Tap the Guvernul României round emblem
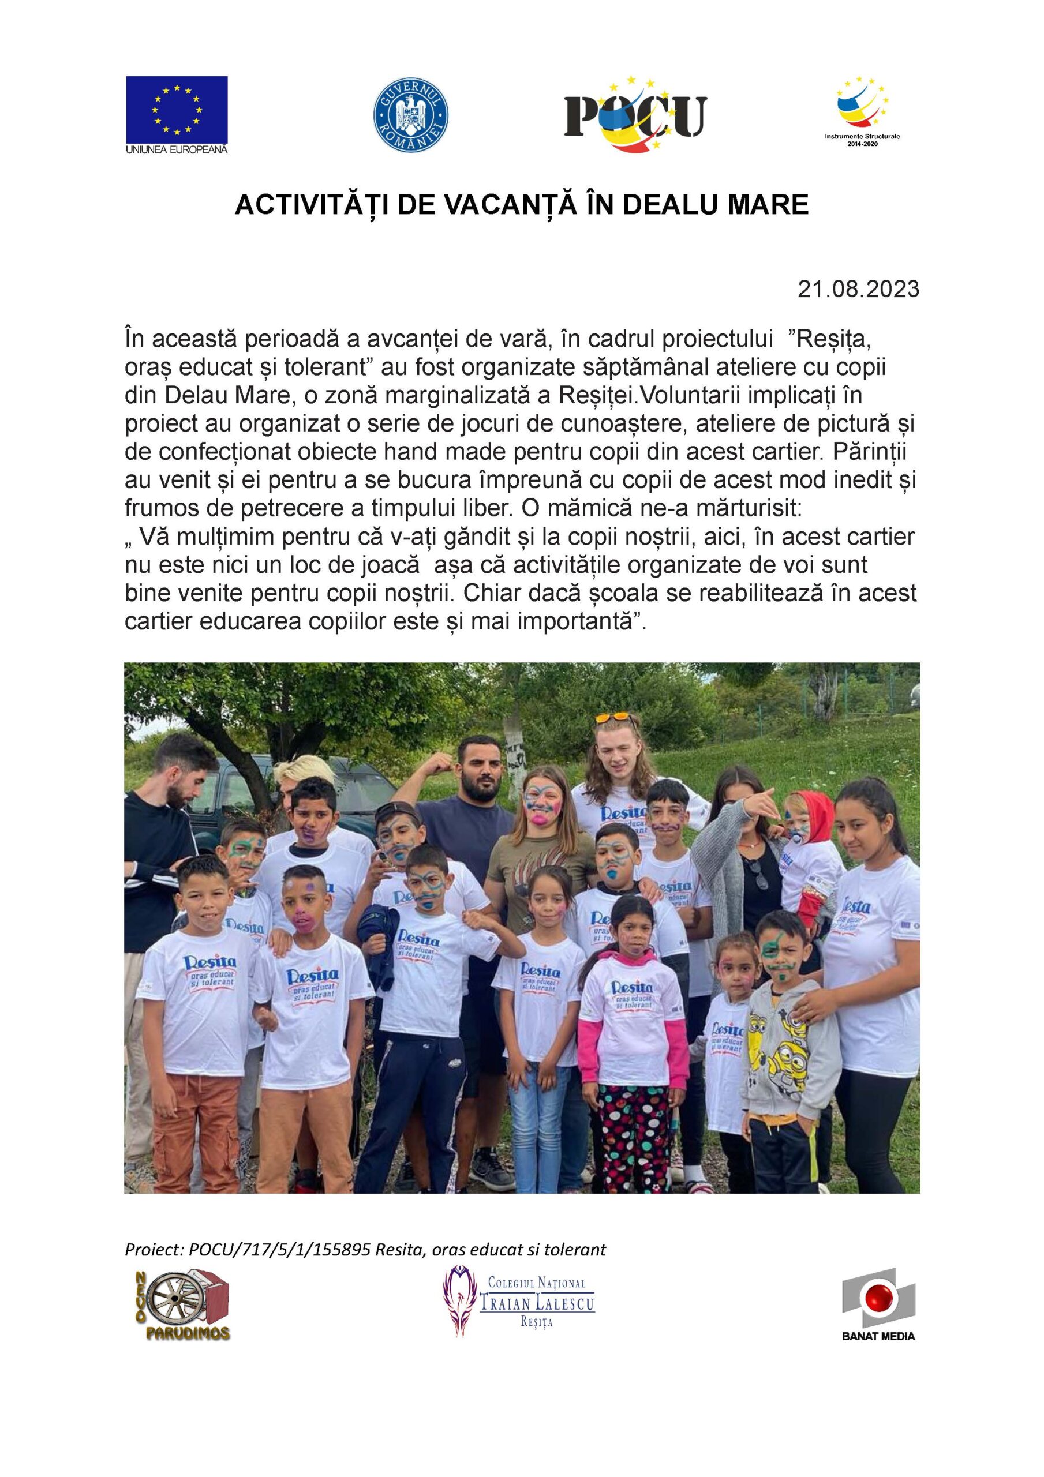point(411,116)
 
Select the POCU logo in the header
point(635,116)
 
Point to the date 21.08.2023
point(858,290)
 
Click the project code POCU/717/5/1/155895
point(279,1250)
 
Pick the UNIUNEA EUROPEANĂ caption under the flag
point(177,149)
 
